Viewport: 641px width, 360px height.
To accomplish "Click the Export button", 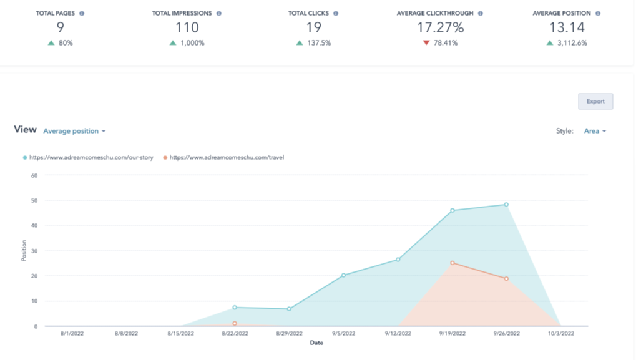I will tap(595, 101).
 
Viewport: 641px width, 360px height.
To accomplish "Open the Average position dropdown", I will tap(74, 131).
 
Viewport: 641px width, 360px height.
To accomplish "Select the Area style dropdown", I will tap(595, 131).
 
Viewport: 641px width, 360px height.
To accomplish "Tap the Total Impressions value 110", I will tap(187, 27).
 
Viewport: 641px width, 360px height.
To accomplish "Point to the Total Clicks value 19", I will tap(313, 27).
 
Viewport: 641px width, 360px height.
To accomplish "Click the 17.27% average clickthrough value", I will tap(440, 27).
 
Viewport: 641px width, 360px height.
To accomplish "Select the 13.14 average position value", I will tap(566, 27).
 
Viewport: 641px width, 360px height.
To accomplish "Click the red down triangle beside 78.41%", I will tap(426, 43).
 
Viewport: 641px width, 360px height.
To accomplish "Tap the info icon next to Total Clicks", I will tap(336, 13).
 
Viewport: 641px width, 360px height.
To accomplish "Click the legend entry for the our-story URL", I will tap(91, 158).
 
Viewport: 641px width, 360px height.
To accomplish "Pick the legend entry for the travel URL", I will tap(226, 158).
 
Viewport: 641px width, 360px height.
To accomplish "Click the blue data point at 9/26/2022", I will tap(506, 205).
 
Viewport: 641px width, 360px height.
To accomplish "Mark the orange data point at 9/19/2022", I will tap(452, 263).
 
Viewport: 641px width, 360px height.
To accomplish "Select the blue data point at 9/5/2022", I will tap(343, 275).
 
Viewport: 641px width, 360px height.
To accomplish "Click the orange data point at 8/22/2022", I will tap(235, 323).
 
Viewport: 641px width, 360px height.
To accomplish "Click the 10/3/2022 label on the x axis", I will tap(560, 334).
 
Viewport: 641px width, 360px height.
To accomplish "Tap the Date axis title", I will tap(316, 343).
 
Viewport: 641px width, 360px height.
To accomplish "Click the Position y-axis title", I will tap(24, 251).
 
